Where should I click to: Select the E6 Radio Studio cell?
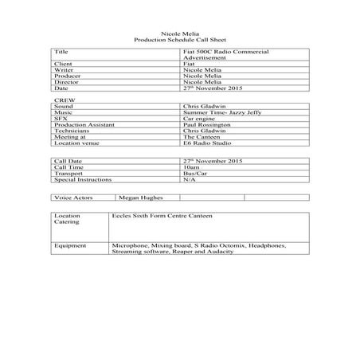203,144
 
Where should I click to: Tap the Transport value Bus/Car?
194,174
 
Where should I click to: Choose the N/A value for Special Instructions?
189,181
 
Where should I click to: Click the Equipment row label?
69,246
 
